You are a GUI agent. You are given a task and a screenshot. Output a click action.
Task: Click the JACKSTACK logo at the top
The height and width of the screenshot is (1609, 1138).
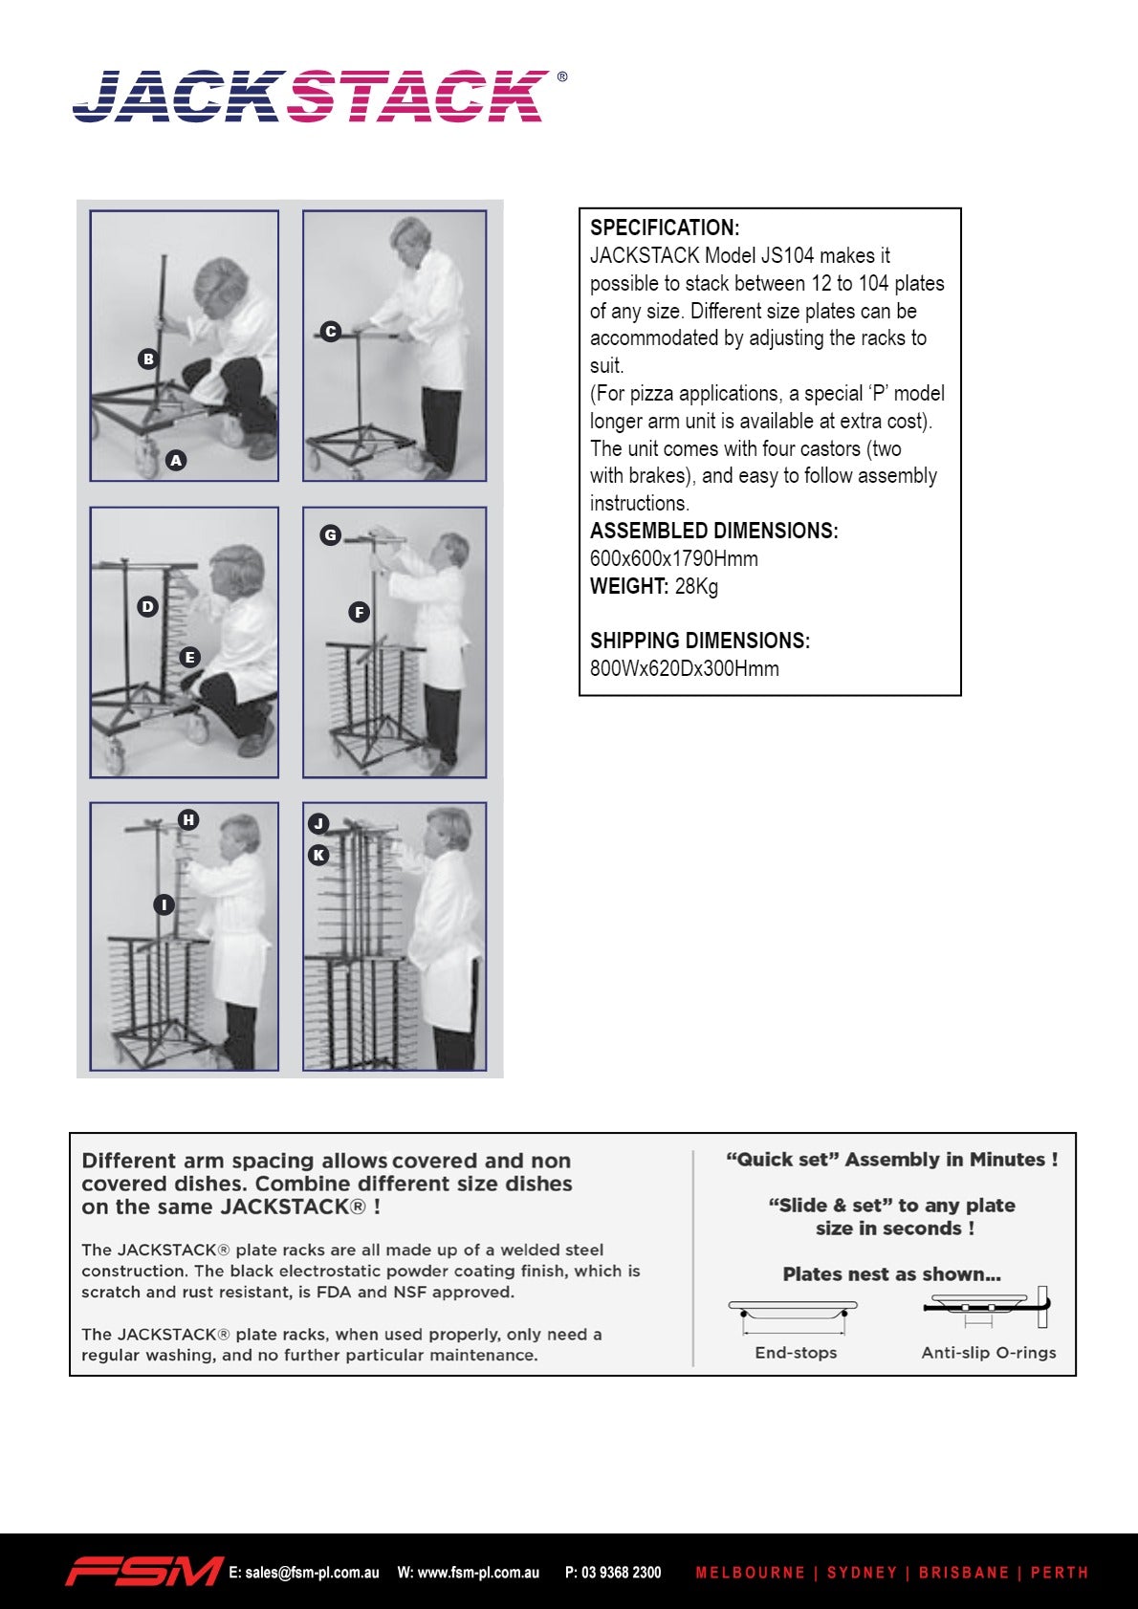click(x=312, y=96)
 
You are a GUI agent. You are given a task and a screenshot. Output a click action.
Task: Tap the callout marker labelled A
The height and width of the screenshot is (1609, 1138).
click(x=176, y=460)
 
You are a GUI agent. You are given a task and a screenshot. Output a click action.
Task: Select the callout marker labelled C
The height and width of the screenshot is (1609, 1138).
click(x=330, y=332)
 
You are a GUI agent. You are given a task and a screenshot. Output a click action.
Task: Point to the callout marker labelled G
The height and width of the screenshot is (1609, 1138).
click(x=330, y=535)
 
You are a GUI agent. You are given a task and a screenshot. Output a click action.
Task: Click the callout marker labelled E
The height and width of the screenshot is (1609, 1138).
click(x=189, y=657)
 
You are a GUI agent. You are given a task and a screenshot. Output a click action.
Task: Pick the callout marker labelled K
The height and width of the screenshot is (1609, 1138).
click(x=318, y=855)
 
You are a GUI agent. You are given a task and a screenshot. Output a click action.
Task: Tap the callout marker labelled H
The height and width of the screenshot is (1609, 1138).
click(x=188, y=819)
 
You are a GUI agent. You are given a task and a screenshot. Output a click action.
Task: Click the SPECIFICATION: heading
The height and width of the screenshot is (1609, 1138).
click(x=665, y=228)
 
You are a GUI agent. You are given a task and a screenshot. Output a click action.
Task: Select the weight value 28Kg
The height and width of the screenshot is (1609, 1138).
click(x=696, y=586)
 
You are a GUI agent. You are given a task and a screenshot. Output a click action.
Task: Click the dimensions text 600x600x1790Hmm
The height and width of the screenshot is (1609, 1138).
click(x=674, y=558)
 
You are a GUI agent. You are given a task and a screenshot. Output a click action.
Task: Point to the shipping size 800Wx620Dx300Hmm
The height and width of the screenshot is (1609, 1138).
click(x=684, y=668)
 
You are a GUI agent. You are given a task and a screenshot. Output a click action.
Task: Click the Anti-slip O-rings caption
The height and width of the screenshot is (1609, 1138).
click(x=989, y=1353)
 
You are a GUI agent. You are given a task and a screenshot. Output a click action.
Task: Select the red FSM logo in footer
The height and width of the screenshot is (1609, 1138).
click(x=143, y=1571)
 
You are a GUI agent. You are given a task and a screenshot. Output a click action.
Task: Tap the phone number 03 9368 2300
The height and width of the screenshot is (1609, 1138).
click(x=621, y=1572)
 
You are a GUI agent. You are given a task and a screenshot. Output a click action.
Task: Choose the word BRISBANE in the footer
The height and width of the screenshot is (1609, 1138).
click(x=963, y=1572)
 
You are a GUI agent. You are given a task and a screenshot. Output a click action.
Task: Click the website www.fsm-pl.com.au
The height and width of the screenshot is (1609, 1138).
click(x=478, y=1572)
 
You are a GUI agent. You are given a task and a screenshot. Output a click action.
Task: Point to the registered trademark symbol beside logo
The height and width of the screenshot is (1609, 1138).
click(x=561, y=76)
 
